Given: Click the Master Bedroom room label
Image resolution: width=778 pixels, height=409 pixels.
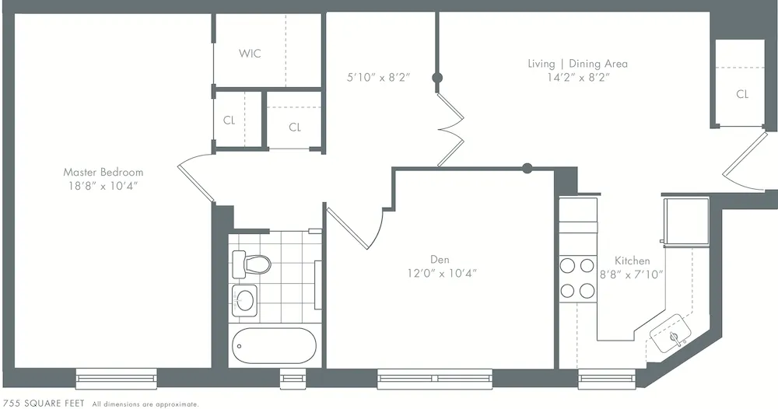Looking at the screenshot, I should pyautogui.click(x=103, y=172).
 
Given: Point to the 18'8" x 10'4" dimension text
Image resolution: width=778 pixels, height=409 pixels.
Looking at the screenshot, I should pyautogui.click(x=103, y=186).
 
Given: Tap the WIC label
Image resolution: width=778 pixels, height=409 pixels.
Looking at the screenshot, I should pyautogui.click(x=250, y=54).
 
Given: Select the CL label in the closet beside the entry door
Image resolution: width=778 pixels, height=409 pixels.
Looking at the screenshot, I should pyautogui.click(x=742, y=94).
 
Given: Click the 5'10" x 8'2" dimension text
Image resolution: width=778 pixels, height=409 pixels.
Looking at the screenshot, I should pyautogui.click(x=378, y=77).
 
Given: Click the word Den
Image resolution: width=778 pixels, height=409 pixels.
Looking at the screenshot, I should pyautogui.click(x=440, y=260).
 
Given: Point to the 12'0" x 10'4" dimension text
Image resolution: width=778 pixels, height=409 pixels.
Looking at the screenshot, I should pyautogui.click(x=440, y=273).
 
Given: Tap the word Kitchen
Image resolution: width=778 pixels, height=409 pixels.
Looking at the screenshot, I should pyautogui.click(x=633, y=260).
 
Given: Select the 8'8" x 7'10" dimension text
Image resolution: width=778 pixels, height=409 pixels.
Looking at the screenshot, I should pyautogui.click(x=633, y=274).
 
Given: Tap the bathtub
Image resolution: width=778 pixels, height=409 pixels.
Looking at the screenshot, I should pyautogui.click(x=272, y=345).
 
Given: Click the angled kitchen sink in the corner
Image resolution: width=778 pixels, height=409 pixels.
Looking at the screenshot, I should pyautogui.click(x=675, y=337).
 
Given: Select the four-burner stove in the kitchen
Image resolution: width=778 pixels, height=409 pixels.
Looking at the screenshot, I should pyautogui.click(x=577, y=278).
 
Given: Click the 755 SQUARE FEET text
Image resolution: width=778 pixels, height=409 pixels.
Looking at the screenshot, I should pyautogui.click(x=44, y=404).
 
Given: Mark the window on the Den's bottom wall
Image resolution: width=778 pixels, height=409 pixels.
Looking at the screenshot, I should pyautogui.click(x=436, y=379).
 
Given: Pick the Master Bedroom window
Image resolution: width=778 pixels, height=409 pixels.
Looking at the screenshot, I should pyautogui.click(x=117, y=379).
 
